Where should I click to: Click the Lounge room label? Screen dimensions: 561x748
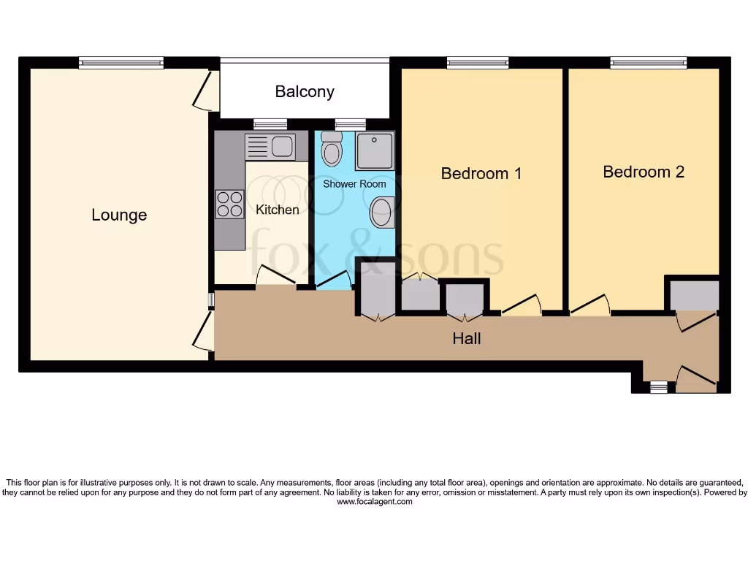point(119,215)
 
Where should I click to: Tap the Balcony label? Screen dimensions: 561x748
point(305,92)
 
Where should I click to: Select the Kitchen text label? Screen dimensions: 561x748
point(277,210)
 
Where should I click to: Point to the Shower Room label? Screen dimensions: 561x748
point(354,184)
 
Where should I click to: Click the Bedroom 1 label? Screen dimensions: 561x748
point(481,174)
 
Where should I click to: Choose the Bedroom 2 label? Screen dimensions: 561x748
point(644,172)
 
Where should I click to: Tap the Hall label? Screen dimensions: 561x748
point(467,338)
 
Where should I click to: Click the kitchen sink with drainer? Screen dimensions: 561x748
point(270,147)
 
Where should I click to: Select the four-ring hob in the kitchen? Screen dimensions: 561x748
point(230,204)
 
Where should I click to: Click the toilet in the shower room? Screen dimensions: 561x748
point(332,149)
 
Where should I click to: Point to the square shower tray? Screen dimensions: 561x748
point(375,150)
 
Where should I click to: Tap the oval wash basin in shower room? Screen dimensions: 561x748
point(382,213)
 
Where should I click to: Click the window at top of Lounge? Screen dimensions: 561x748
point(121,64)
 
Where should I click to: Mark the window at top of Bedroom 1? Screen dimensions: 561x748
point(477,64)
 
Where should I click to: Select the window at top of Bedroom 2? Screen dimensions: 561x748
point(648,64)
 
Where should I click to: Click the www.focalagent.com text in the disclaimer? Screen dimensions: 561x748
point(374,502)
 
